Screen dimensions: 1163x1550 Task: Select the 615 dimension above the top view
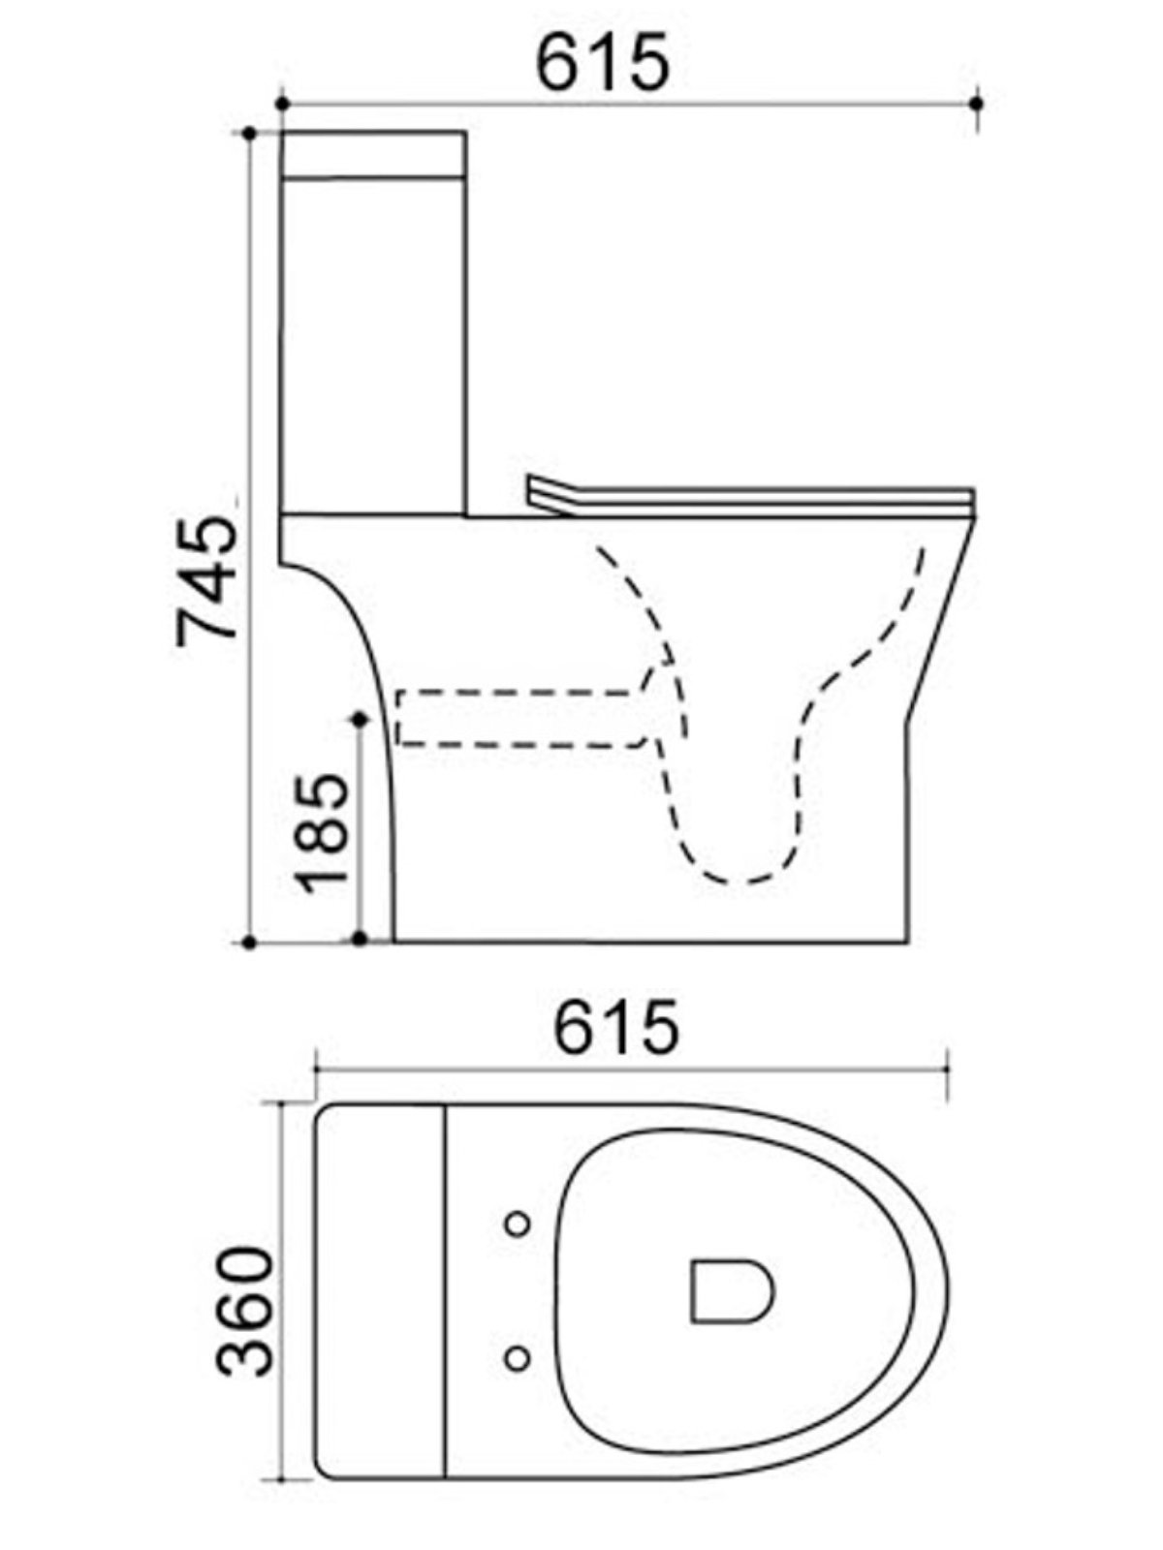coord(615,1028)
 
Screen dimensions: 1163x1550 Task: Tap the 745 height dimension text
coord(206,581)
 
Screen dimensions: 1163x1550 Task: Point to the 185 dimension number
coord(324,833)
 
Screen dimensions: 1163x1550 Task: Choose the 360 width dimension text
coord(243,1312)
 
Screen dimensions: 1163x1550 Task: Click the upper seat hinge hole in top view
coord(519,1224)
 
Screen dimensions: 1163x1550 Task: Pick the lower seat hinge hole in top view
coord(519,1357)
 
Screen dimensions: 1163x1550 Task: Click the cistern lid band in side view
coord(373,153)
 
